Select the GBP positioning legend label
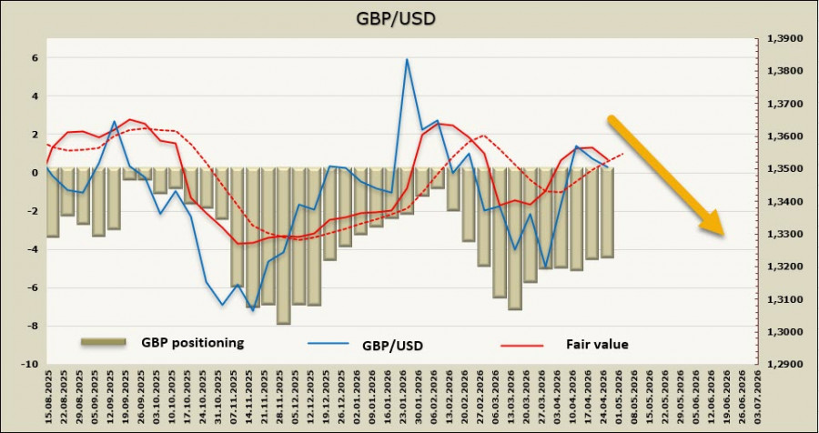click(192, 343)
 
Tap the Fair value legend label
click(599, 344)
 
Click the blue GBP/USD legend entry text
click(392, 344)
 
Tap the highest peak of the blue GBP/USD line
click(407, 60)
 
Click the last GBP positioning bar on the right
click(607, 213)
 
